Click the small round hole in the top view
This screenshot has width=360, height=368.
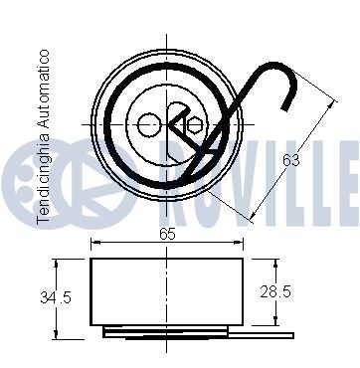[x=148, y=124]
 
